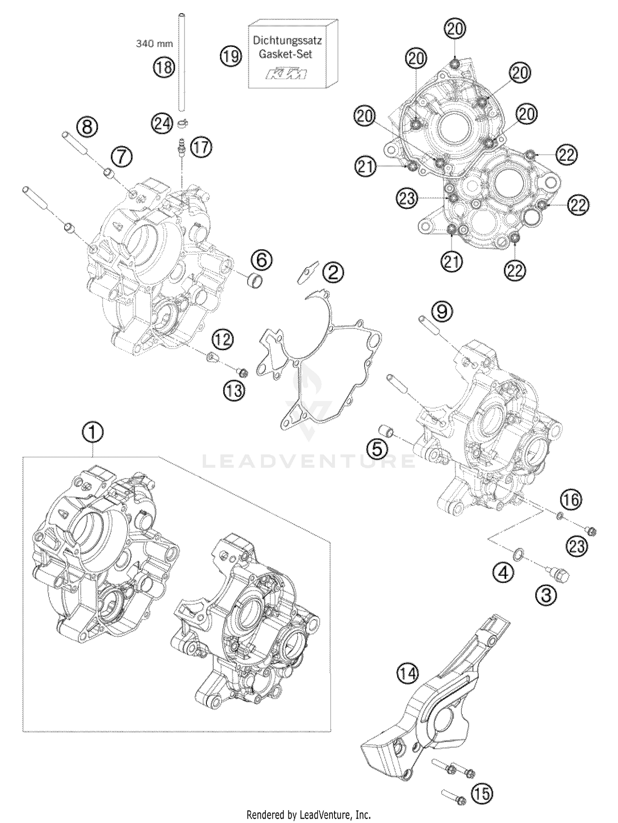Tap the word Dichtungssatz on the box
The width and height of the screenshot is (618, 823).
tap(287, 41)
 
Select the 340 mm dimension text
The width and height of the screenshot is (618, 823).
tap(154, 44)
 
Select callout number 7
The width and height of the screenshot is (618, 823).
tap(122, 157)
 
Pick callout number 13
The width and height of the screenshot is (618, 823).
tap(234, 390)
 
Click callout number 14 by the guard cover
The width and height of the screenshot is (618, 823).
tap(407, 674)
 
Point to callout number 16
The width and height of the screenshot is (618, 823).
tap(571, 500)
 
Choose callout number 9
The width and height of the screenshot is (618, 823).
tap(441, 312)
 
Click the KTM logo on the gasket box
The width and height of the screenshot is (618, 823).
tap(286, 75)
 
